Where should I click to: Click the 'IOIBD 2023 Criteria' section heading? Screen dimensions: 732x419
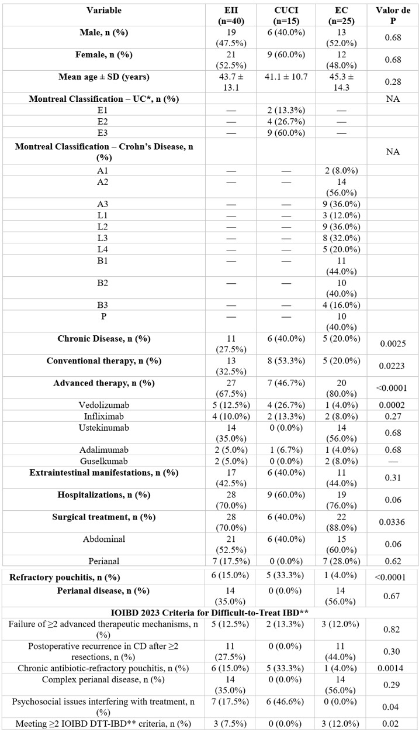(210, 612)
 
